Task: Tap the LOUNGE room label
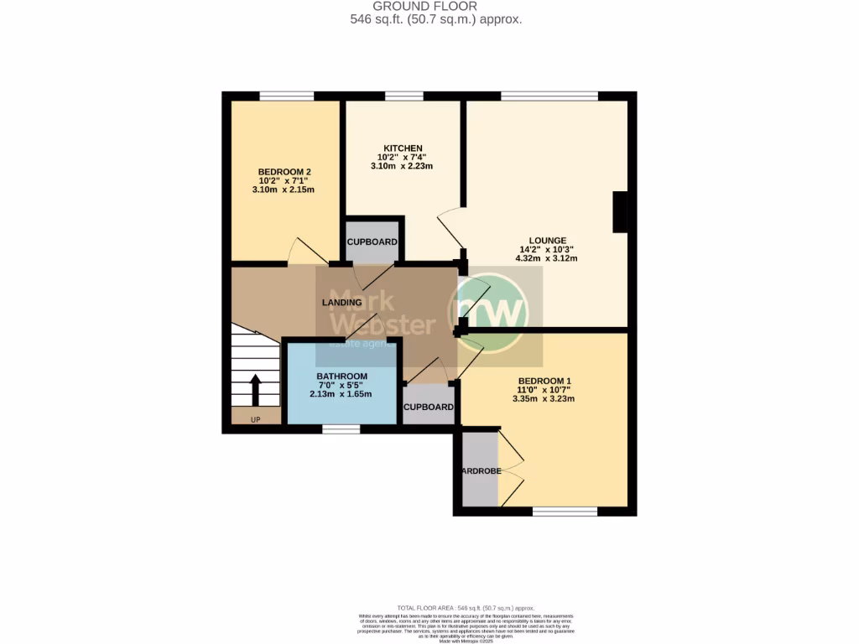(549, 240)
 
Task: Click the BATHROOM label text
(341, 376)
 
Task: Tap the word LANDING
(342, 303)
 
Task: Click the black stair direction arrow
(255, 390)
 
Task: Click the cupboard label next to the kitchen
(372, 242)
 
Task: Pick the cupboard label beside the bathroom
(429, 408)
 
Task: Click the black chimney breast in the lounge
(621, 212)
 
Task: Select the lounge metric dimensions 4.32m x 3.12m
(549, 258)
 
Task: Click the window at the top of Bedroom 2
(286, 96)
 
